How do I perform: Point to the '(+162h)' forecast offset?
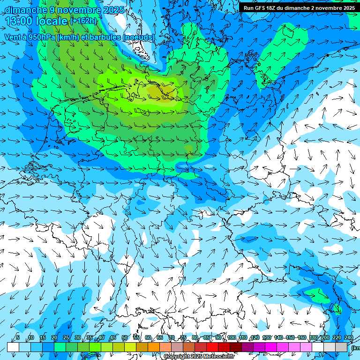(x=83, y=21)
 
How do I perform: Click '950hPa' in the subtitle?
(x=42, y=37)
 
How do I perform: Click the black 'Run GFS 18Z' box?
(x=299, y=7)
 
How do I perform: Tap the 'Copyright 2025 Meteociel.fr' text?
(x=199, y=357)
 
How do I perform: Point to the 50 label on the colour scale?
(x=125, y=337)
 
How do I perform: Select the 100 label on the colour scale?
(x=231, y=337)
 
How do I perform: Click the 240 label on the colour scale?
(x=348, y=337)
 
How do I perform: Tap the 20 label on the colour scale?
(x=54, y=337)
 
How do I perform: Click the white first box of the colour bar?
(x=13, y=347)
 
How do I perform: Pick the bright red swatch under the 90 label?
(x=212, y=347)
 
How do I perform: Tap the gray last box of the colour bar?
(x=341, y=347)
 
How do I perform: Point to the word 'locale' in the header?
(x=53, y=21)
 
